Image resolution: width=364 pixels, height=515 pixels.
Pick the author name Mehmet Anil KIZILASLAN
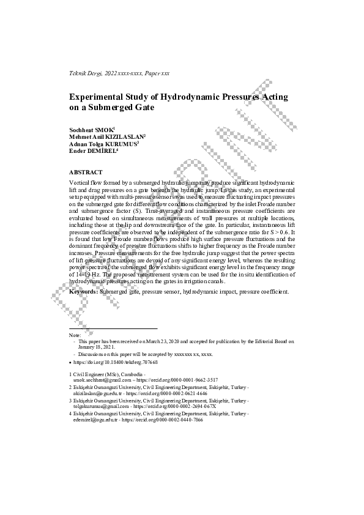(x=106, y=136)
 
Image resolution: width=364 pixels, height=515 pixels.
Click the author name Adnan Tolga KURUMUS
(x=103, y=143)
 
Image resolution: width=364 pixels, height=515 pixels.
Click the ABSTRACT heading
(x=86, y=172)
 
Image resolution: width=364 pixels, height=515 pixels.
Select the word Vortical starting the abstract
(x=81, y=183)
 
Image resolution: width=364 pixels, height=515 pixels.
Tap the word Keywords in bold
(x=83, y=292)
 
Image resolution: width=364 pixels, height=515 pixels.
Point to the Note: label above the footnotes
(x=75, y=335)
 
